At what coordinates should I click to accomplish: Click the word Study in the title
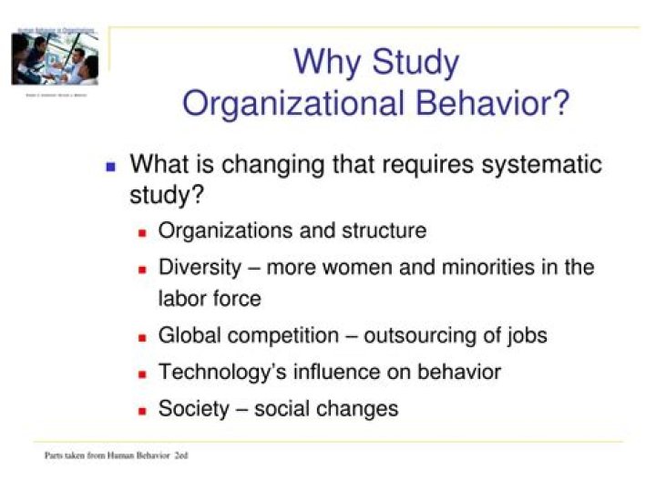coord(415,63)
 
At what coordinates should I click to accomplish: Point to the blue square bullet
coord(111,168)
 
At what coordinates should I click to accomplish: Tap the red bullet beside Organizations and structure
coord(142,233)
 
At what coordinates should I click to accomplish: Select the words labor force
coord(210,298)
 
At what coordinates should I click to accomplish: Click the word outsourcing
coord(421,335)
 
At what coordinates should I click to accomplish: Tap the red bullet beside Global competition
coord(142,338)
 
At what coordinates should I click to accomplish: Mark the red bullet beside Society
coord(142,411)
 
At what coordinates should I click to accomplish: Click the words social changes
coord(326,408)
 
